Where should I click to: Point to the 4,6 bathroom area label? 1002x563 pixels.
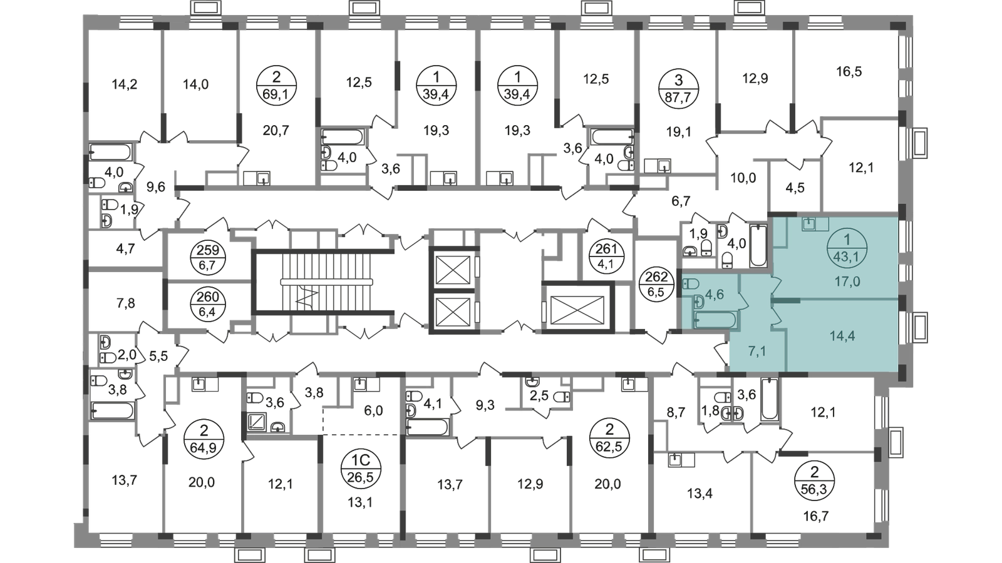coord(715,294)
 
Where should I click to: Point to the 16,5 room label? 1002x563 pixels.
coord(849,72)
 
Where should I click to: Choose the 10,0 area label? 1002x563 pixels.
coord(744,177)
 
